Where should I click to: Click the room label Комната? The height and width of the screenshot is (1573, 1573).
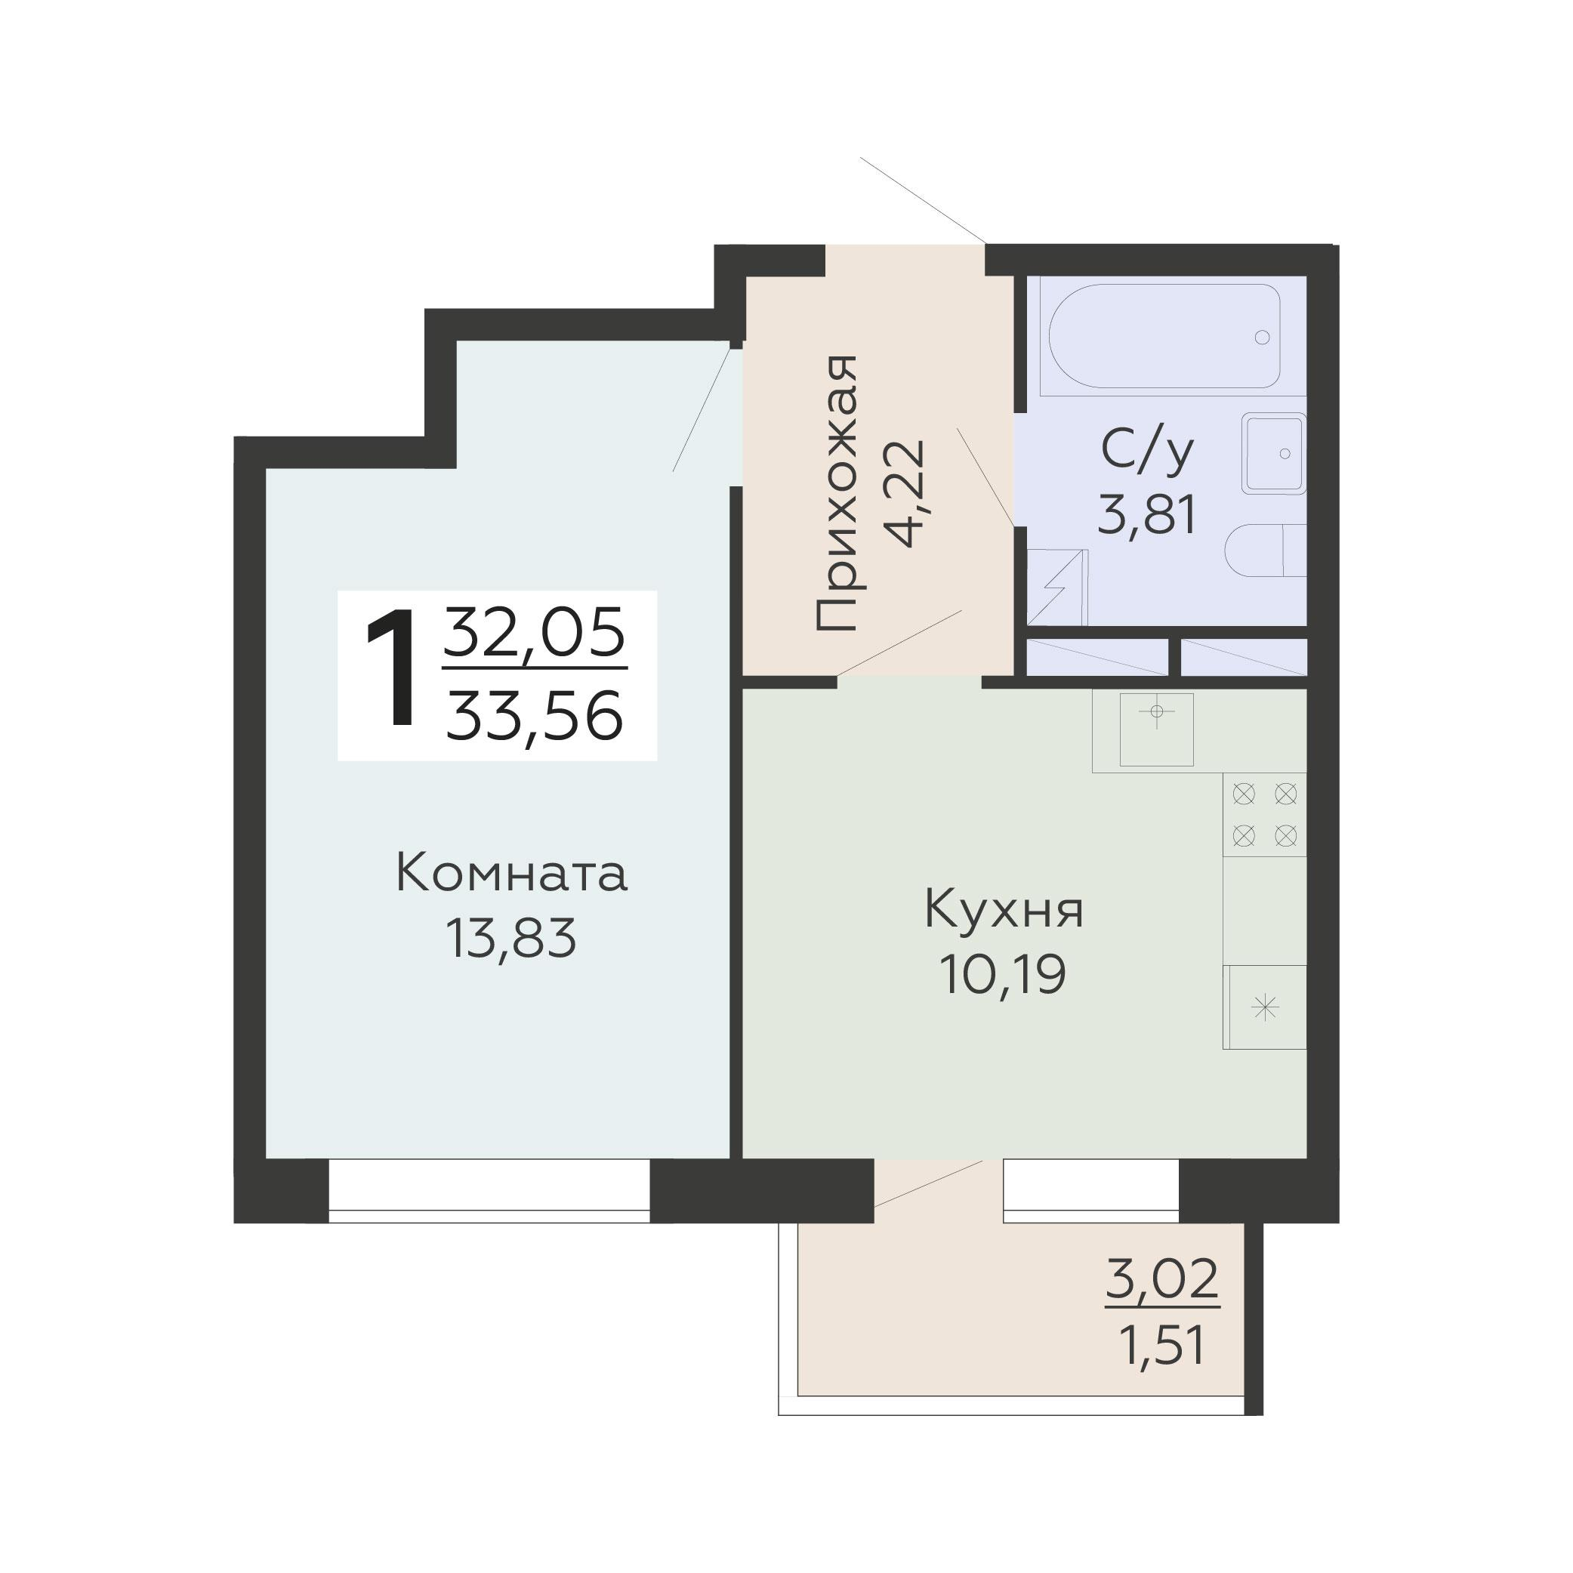pos(511,874)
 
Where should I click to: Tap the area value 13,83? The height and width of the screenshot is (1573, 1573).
pos(510,937)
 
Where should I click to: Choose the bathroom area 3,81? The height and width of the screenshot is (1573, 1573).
pos(1147,515)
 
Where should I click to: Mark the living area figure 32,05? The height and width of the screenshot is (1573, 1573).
pos(534,633)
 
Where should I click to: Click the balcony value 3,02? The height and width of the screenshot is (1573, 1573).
pos(1162,1279)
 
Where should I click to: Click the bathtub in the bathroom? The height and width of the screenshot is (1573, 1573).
pos(1164,335)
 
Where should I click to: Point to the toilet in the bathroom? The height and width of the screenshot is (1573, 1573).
pos(1266,551)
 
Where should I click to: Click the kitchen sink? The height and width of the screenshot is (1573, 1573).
pos(1156,729)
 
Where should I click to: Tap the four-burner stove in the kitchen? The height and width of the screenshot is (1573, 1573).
pos(1264,815)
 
